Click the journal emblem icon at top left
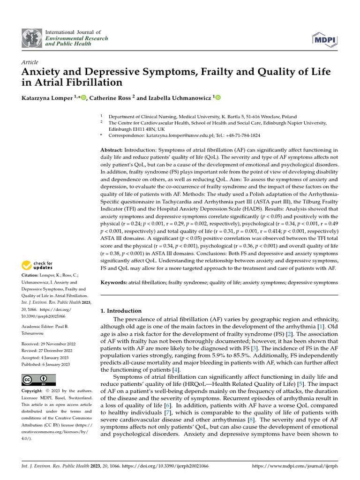tap(31, 38)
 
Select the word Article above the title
tap(30, 62)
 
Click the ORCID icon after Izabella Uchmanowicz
tap(218, 97)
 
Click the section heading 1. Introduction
tap(121, 311)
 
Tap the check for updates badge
tap(42, 265)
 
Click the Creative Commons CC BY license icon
tap(39, 380)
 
